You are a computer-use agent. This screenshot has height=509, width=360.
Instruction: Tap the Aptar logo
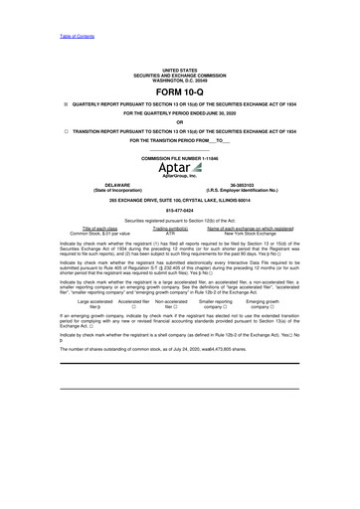coord(180,169)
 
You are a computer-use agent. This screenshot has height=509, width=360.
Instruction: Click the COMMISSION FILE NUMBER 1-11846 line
coord(180,158)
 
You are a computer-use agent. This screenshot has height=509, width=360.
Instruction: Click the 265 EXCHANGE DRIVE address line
coord(180,201)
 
